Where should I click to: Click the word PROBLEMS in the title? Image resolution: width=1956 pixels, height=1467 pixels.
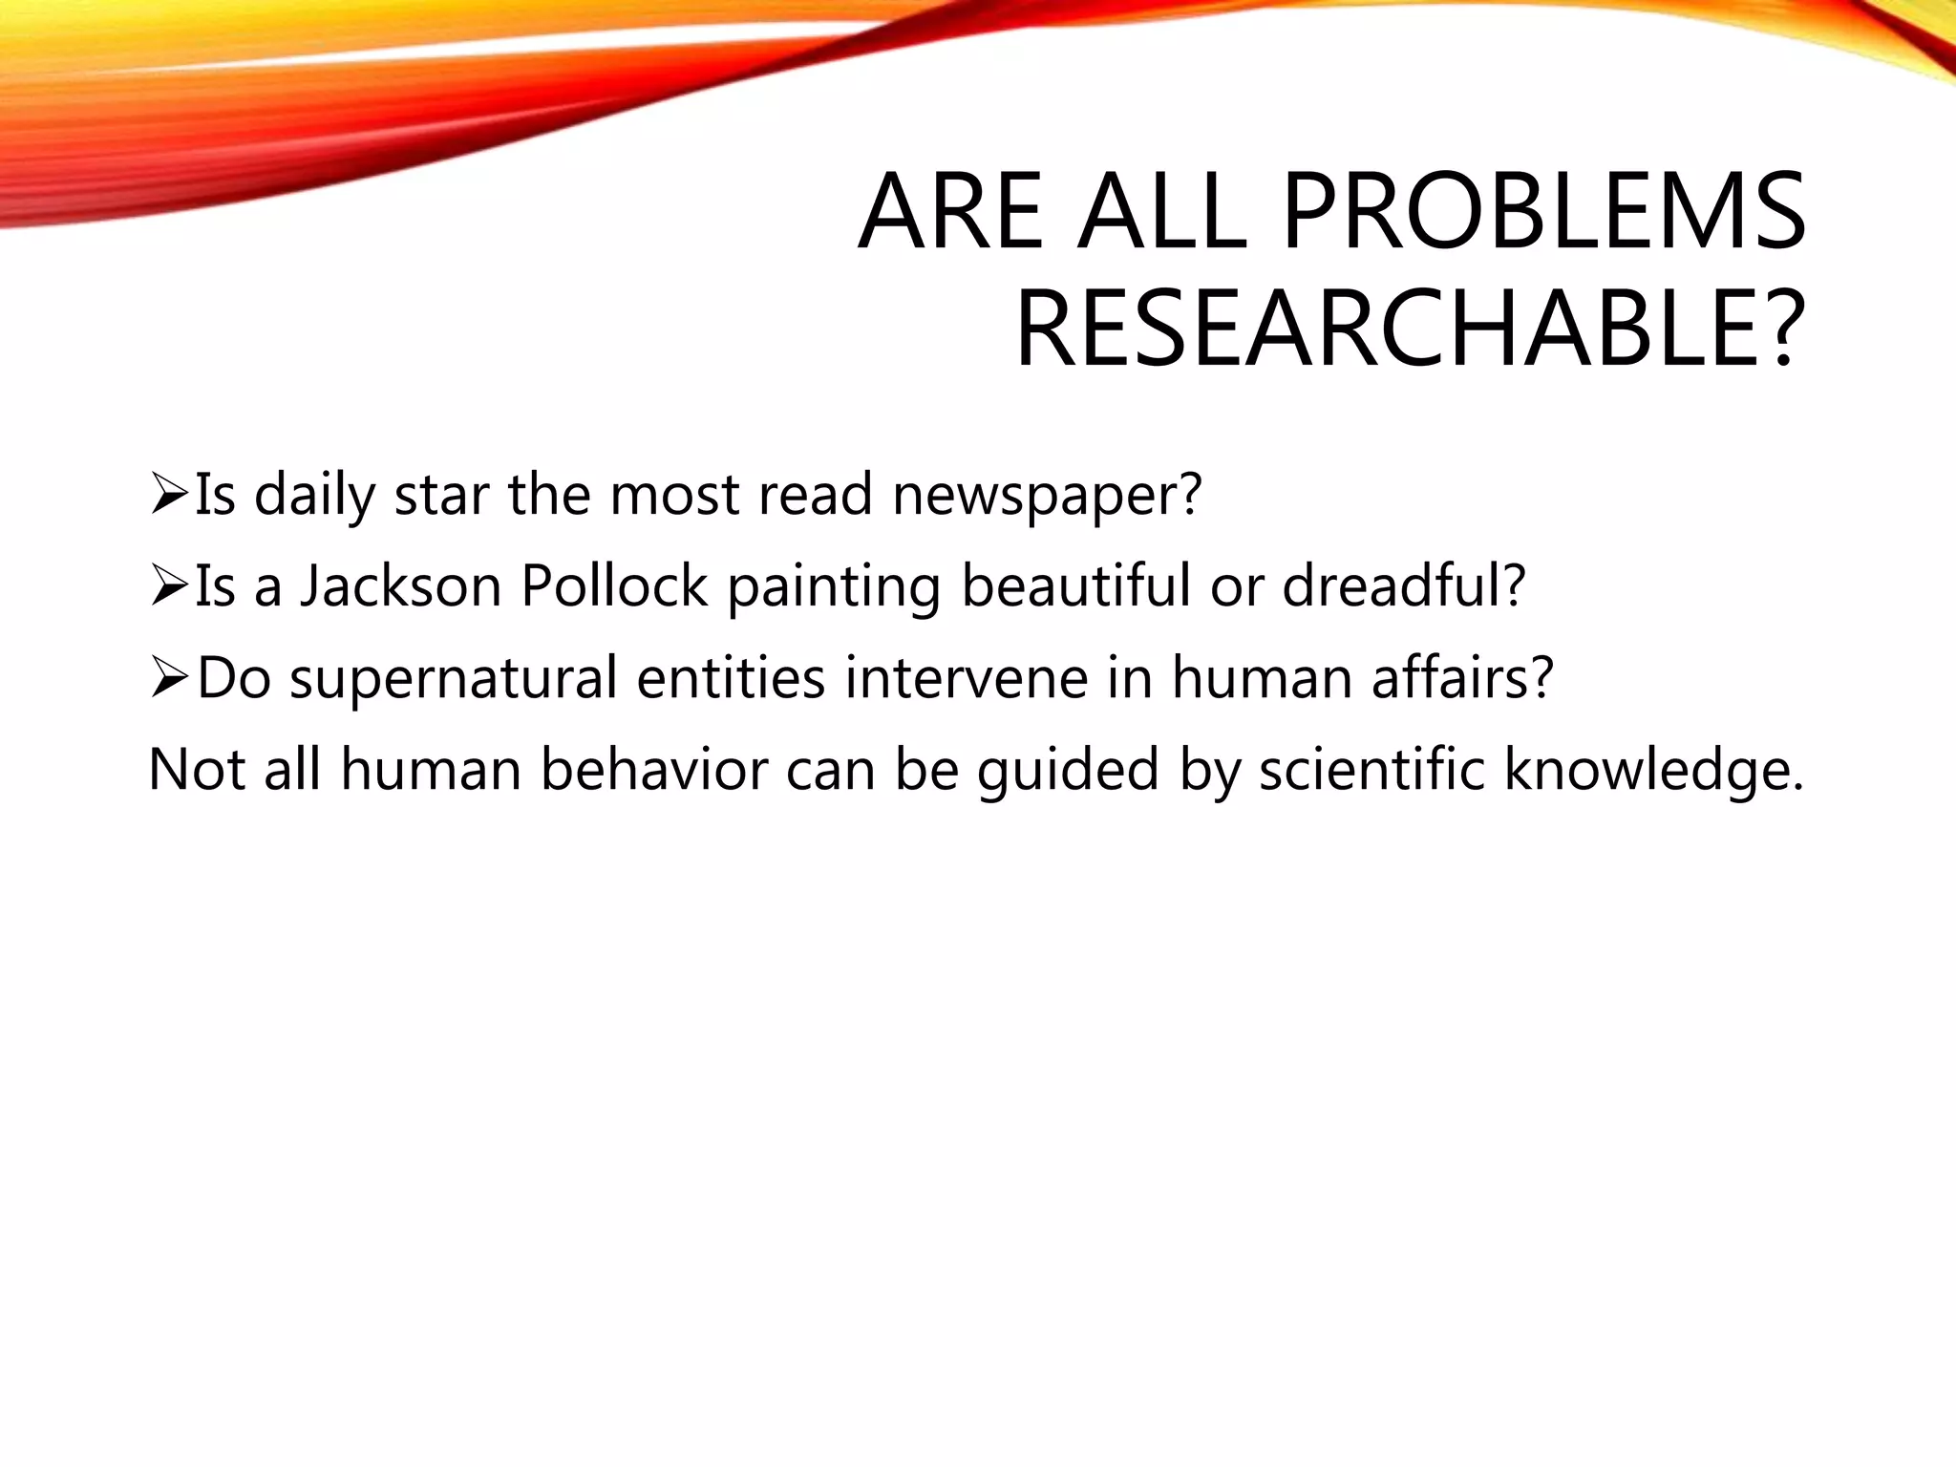1543,212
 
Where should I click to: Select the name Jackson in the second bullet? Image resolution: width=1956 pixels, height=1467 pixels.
401,586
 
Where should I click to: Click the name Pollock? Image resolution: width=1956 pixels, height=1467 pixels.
613,586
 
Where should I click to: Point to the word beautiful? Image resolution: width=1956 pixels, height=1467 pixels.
1075,586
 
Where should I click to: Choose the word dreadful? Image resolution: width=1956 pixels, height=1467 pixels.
1404,586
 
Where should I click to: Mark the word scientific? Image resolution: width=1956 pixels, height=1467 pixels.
1371,770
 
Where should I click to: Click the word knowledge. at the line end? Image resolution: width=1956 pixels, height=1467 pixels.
1655,770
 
